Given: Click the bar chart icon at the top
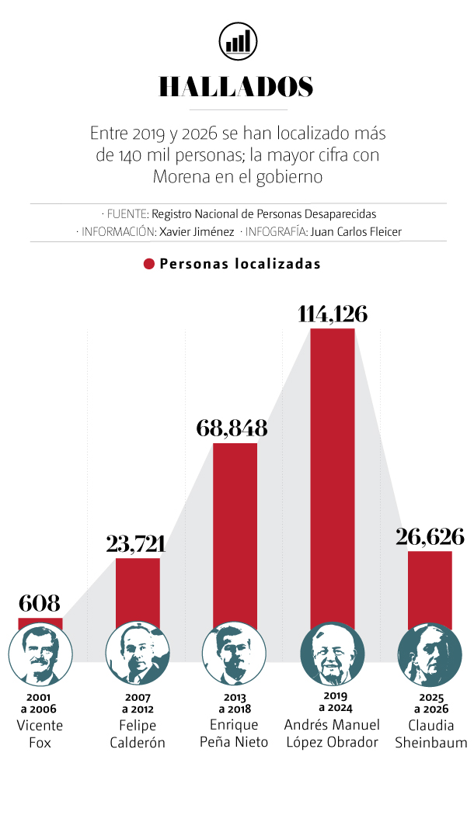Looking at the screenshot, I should click(x=238, y=40).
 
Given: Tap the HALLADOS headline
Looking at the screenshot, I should click(x=236, y=87).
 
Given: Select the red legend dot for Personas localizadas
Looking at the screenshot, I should click(x=149, y=264).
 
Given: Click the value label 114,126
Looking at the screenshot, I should click(x=333, y=314).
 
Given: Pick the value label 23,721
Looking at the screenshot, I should click(x=137, y=543).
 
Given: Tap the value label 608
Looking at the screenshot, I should click(x=39, y=603).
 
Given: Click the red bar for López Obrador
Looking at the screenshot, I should click(x=333, y=473).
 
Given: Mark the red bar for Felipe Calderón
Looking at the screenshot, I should click(x=138, y=590).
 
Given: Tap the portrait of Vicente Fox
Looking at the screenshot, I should click(x=40, y=654).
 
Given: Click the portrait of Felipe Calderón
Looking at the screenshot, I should click(x=138, y=654).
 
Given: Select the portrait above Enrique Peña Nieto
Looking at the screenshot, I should click(x=235, y=654).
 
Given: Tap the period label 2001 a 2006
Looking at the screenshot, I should click(x=40, y=703).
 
